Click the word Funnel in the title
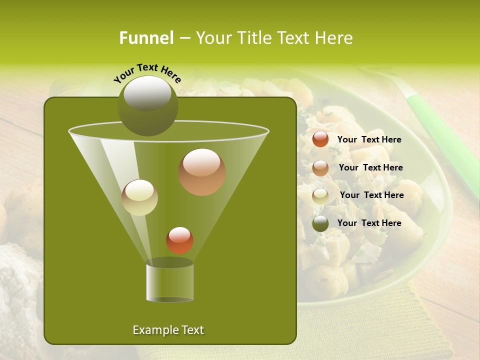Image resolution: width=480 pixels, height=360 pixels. click(x=146, y=38)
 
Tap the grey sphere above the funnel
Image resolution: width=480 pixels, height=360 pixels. click(x=147, y=105)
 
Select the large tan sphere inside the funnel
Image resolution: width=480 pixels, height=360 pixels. click(x=202, y=172)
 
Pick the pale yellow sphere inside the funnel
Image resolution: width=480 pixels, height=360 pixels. click(x=140, y=197)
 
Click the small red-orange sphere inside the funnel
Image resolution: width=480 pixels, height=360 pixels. click(x=179, y=240)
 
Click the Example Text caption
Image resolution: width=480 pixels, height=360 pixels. click(x=168, y=330)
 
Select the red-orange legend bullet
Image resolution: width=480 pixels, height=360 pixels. click(x=320, y=139)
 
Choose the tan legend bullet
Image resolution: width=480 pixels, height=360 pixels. click(x=320, y=168)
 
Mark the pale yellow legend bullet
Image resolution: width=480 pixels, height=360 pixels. click(x=320, y=196)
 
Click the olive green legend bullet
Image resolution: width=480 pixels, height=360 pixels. click(x=320, y=223)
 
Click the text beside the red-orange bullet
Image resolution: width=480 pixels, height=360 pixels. click(x=369, y=140)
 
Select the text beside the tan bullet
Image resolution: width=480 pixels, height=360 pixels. click(x=370, y=168)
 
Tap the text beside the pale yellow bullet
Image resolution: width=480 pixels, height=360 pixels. click(x=371, y=195)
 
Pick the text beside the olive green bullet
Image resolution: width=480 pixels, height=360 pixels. click(x=369, y=223)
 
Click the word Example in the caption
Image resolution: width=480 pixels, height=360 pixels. click(x=152, y=330)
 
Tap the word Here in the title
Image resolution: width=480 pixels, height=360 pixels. click(x=332, y=38)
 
